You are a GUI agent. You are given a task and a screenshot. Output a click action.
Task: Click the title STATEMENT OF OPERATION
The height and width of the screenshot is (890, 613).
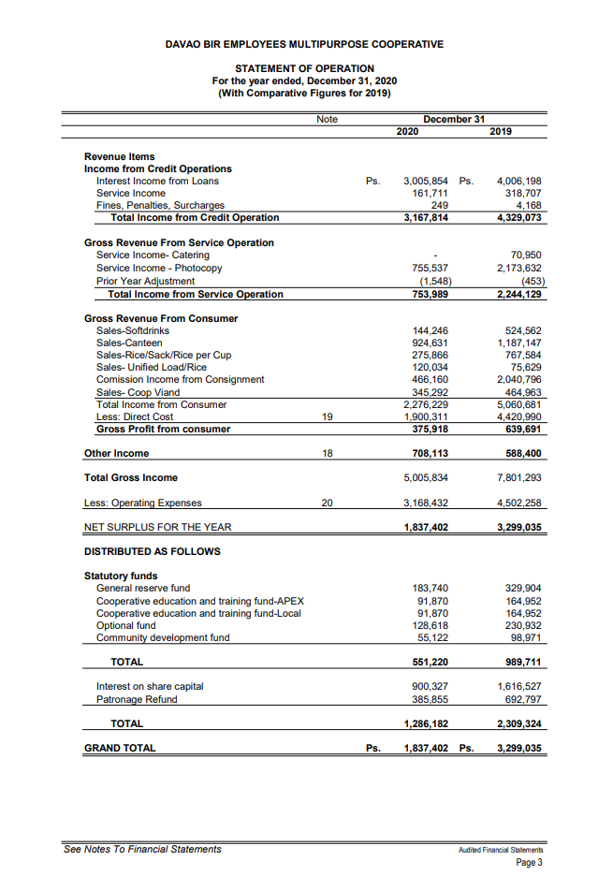(304, 68)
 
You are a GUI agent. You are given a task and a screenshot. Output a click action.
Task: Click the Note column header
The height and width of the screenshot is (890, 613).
(327, 120)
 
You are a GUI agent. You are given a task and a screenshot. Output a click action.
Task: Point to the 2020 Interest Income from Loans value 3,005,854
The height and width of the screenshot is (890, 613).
(426, 182)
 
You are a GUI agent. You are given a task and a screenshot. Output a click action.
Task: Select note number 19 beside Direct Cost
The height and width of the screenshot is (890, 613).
(327, 416)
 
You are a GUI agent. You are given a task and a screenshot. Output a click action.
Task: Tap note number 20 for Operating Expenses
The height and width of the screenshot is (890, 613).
(327, 503)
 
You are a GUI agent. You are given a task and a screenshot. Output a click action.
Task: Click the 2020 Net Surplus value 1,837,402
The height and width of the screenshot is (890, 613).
(426, 527)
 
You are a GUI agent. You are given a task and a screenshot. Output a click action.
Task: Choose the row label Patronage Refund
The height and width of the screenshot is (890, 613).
(137, 699)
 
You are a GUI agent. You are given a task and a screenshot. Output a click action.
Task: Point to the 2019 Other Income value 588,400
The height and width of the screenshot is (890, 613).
(521, 453)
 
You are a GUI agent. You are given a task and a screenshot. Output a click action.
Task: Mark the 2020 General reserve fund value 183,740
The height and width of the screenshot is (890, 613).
(431, 588)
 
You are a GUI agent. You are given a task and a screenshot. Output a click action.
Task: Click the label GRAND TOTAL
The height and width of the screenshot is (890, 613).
(120, 748)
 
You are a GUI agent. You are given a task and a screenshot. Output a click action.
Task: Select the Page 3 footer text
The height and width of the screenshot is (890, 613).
(529, 862)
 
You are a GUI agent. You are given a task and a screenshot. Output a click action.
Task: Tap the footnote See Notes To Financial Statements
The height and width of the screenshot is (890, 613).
(142, 849)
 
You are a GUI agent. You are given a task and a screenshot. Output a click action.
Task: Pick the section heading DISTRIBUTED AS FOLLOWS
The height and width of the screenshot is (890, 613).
(153, 551)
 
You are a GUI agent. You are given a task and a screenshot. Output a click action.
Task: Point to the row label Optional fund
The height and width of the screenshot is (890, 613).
(126, 625)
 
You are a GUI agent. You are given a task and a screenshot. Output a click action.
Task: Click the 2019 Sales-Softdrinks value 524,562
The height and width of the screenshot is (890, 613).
(521, 331)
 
